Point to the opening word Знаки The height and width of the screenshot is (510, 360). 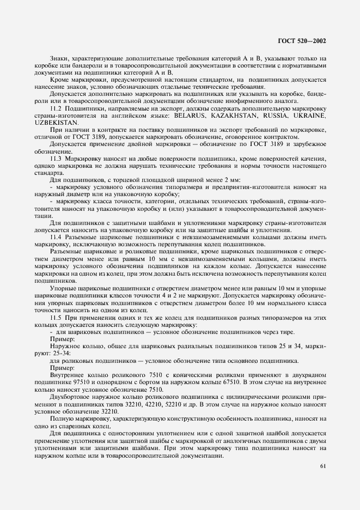click(x=59, y=58)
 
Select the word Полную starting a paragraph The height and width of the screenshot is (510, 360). click(x=60, y=419)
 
